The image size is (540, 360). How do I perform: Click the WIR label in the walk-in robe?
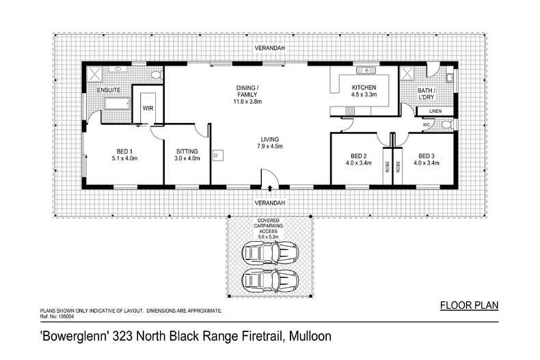pos(148,108)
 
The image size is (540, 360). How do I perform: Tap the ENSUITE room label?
pos(109,90)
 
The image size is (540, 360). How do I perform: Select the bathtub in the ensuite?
pos(117,104)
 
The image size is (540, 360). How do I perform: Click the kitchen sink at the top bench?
pos(366,70)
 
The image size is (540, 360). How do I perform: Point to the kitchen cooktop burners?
pos(350,111)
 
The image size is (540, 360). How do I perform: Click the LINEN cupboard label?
pos(435,111)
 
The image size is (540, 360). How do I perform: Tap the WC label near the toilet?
pos(427,125)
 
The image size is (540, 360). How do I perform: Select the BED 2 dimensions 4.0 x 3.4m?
pos(358,163)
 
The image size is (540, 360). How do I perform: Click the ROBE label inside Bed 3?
pos(398,167)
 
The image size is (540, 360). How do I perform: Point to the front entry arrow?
pos(269,188)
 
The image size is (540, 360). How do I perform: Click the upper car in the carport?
pos(270,253)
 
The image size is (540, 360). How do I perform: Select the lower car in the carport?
pos(270,280)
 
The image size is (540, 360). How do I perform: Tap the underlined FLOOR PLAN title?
pos(469,305)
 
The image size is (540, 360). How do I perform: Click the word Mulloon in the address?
pos(310,336)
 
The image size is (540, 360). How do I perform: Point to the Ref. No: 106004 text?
pos(57,316)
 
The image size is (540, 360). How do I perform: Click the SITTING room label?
pos(187,152)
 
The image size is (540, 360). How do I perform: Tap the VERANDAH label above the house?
pos(270,49)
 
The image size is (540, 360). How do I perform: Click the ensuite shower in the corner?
pos(94,74)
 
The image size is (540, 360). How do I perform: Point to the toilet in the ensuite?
pos(156,74)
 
